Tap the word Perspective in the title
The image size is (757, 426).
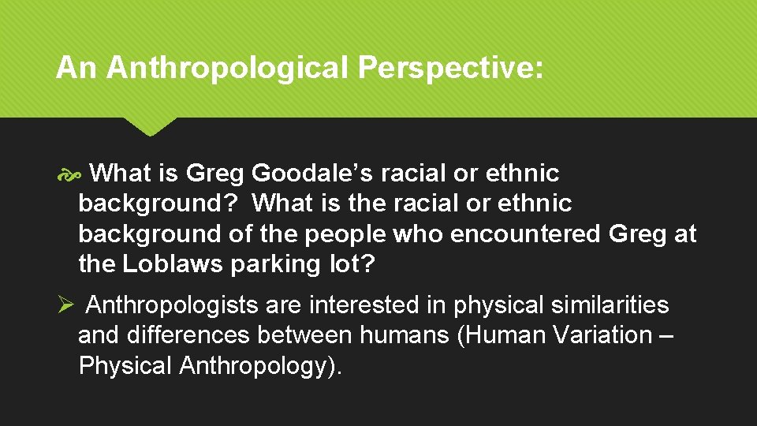[x=450, y=69]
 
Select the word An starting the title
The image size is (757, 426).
[x=76, y=69]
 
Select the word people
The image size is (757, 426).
[x=345, y=234]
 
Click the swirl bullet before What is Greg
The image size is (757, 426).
[x=66, y=174]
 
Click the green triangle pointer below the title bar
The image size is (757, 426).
[x=149, y=126]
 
